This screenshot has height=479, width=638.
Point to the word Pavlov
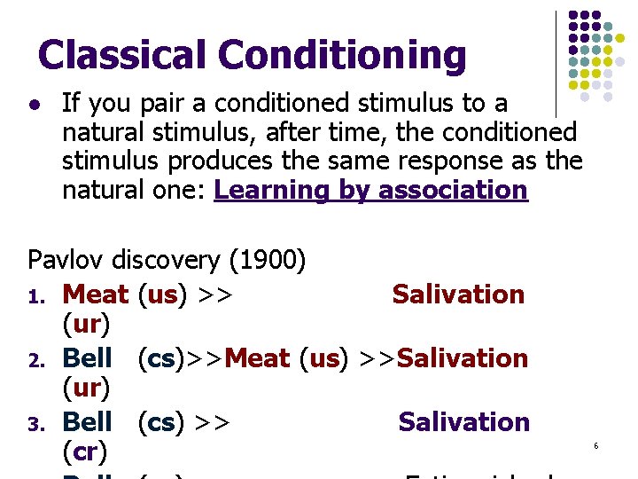coord(66,260)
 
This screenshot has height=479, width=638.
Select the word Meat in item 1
coord(97,294)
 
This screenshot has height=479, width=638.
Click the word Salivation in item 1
coord(458,294)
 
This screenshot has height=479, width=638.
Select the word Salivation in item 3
coord(463,421)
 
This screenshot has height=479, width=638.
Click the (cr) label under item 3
coord(86,452)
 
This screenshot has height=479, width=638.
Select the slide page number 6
coord(596,444)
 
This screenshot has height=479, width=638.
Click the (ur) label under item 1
coord(86,325)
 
